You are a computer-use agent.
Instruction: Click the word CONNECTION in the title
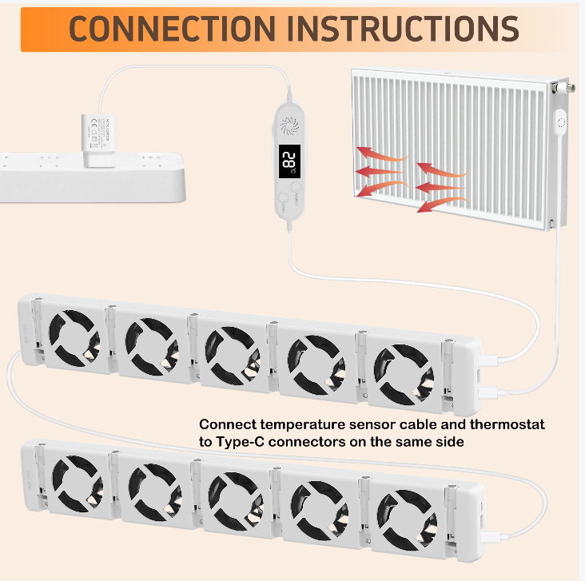click(x=171, y=28)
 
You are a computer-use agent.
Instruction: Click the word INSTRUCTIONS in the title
click(x=402, y=28)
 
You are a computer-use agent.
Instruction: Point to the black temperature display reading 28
click(x=289, y=162)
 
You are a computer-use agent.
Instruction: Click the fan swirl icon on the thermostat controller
click(x=289, y=126)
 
